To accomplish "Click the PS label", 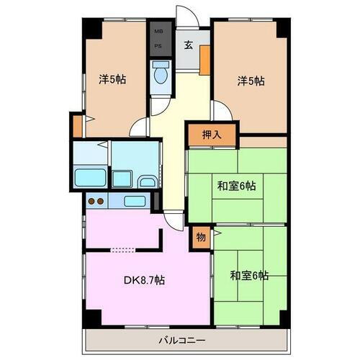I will (x=157, y=47).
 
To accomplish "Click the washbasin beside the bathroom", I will (x=147, y=181).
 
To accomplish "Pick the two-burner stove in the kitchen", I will (x=96, y=202).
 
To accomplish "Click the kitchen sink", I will (x=135, y=201).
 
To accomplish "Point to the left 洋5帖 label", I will (x=112, y=79).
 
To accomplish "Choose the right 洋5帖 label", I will (x=251, y=81).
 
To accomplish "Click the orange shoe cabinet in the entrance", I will (x=205, y=59).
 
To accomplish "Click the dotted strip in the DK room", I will (x=123, y=250).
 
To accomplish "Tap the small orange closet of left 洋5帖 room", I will (x=76, y=125).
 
